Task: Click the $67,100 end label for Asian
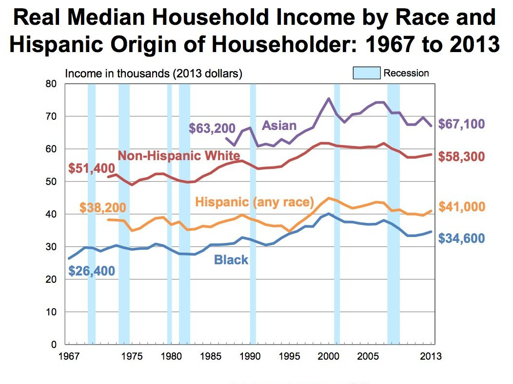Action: pyautogui.click(x=461, y=124)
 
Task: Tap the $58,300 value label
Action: pyautogui.click(x=461, y=157)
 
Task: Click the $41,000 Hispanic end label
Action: pyautogui.click(x=461, y=207)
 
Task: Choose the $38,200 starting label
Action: pyautogui.click(x=103, y=208)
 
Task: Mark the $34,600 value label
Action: pyautogui.click(x=461, y=238)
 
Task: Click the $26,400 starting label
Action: pyautogui.click(x=92, y=270)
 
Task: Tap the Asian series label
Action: pyautogui.click(x=279, y=126)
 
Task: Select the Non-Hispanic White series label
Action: pyautogui.click(x=179, y=156)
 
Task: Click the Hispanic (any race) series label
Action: pyautogui.click(x=254, y=201)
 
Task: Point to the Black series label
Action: pyautogui.click(x=231, y=259)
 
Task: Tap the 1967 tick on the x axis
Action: pyautogui.click(x=69, y=356)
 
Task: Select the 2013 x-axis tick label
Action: pyautogui.click(x=431, y=356)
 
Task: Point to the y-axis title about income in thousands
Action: pyautogui.click(x=154, y=74)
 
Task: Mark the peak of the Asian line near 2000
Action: pyautogui.click(x=329, y=98)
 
